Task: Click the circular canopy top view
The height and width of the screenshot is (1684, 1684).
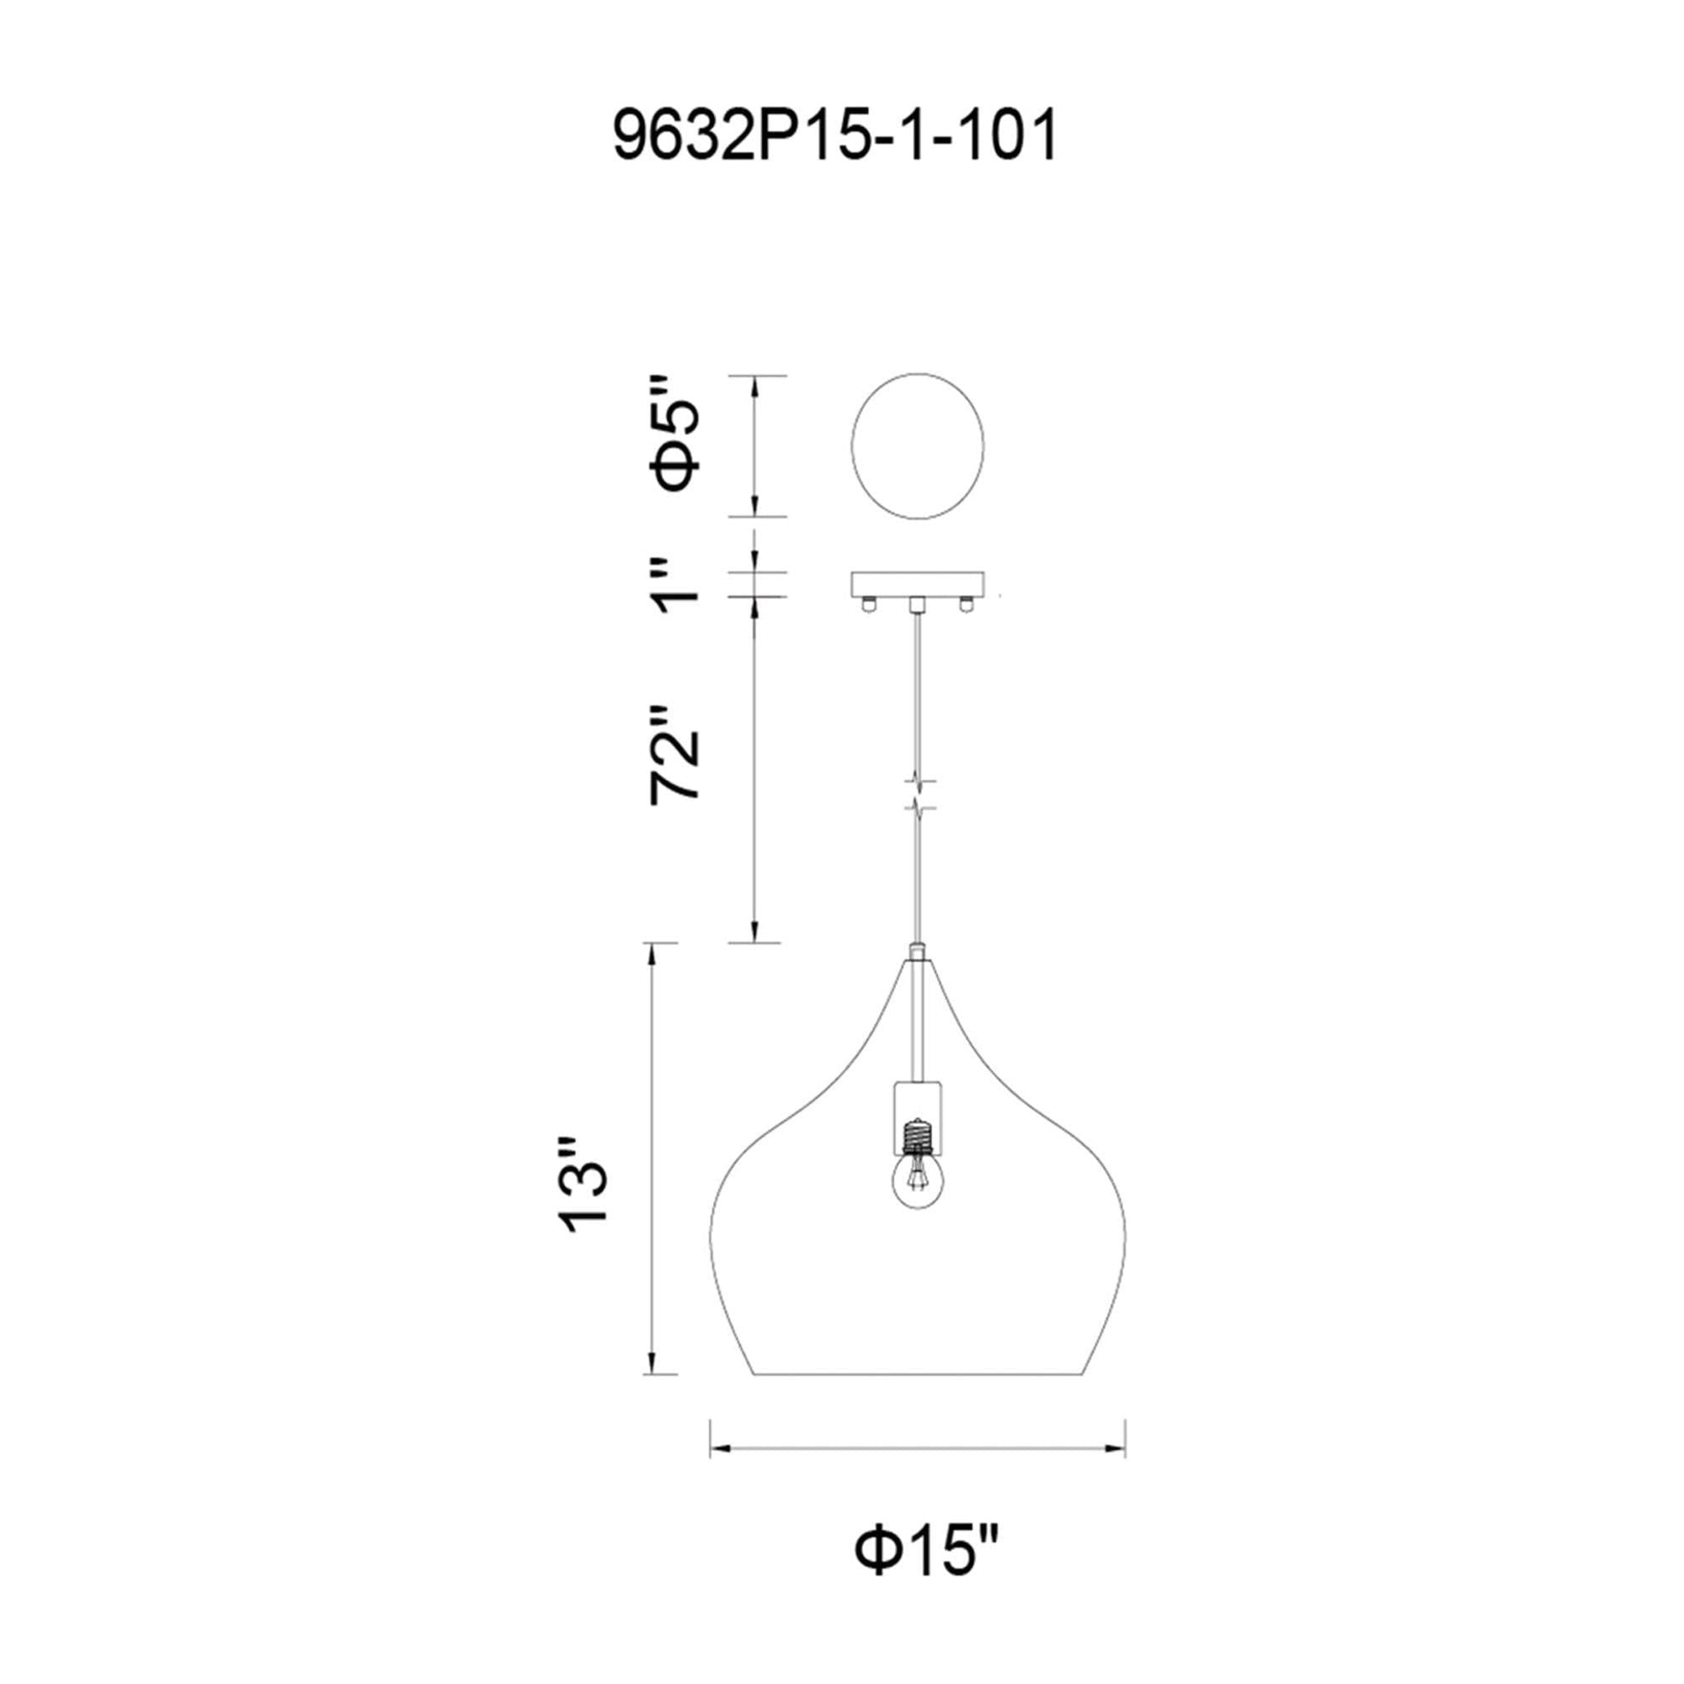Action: click(917, 446)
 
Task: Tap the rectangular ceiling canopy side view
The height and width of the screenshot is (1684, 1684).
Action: click(917, 584)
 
